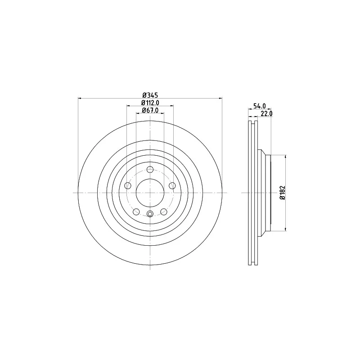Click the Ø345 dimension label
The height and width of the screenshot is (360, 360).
point(150,95)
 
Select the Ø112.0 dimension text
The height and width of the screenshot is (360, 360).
point(150,103)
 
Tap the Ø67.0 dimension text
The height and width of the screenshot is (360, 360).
point(150,110)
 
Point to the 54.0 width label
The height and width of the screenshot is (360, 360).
point(260,106)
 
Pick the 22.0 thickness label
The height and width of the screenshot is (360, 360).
point(266,113)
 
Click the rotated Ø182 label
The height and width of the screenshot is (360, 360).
point(283,193)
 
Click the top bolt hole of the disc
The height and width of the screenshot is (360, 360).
point(150,170)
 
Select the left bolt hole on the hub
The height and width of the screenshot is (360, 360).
point(128,185)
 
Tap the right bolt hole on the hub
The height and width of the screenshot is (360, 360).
point(172,185)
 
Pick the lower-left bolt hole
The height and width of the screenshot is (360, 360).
point(136,211)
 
